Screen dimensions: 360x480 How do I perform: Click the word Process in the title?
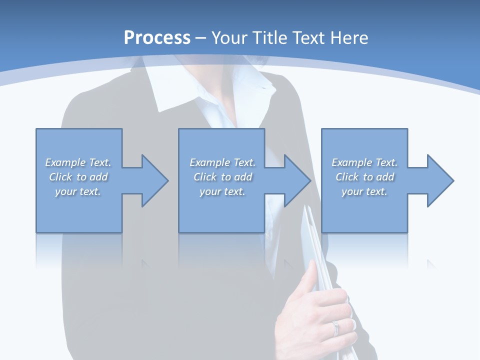(x=157, y=38)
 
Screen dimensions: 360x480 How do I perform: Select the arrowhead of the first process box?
(x=153, y=180)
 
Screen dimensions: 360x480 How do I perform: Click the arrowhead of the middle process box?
(x=295, y=180)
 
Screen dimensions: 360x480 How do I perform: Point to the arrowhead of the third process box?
(x=438, y=180)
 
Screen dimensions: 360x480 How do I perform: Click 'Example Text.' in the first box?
(x=78, y=162)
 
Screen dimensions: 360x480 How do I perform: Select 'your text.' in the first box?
(x=78, y=191)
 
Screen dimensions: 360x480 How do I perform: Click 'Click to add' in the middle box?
(x=222, y=177)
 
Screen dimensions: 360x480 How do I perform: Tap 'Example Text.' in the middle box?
(x=222, y=162)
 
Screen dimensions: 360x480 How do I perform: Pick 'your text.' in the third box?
(x=364, y=191)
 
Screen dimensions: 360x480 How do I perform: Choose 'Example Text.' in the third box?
(x=364, y=162)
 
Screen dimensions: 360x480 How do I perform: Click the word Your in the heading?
(x=230, y=38)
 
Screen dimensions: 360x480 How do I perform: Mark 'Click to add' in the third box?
(x=364, y=177)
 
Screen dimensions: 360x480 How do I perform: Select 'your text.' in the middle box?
(x=222, y=191)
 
